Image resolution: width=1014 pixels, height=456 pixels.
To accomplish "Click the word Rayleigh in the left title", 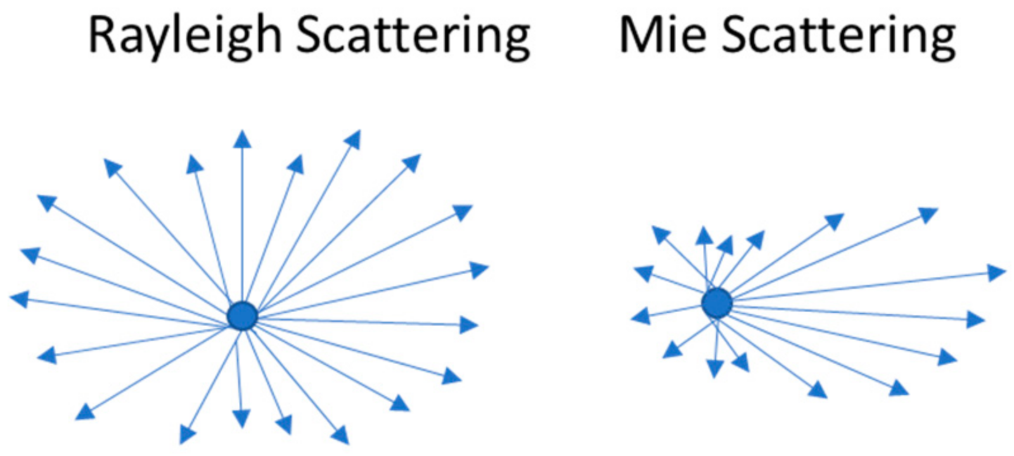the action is [184, 36].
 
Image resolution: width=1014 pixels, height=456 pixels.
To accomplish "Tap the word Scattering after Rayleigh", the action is [413, 36].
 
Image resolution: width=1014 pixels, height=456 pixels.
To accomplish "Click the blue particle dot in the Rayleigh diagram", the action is [242, 315].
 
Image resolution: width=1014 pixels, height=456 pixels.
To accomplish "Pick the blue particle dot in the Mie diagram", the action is [717, 303].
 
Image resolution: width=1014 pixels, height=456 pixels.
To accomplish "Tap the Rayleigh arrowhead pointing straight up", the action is [241, 139].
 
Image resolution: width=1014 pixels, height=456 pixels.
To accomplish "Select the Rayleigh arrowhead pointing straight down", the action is [241, 418].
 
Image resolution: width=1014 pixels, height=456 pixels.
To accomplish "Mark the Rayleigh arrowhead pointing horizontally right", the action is [468, 326].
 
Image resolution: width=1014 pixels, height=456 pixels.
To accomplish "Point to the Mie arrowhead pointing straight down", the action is [715, 368].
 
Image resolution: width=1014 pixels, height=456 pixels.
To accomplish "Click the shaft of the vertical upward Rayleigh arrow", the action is [241, 222].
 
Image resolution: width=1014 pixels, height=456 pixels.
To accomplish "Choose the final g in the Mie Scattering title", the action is [942, 41].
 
